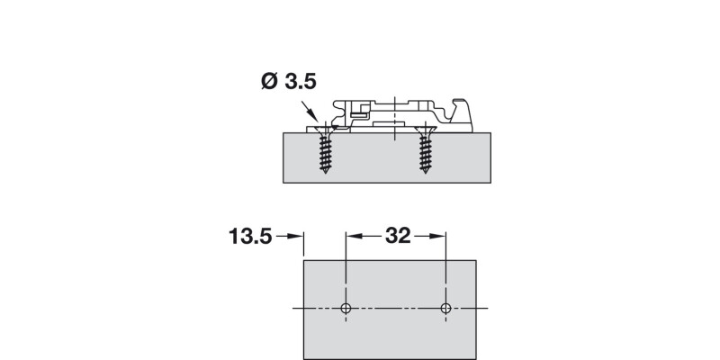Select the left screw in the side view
321,151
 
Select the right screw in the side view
425,151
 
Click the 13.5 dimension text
249,237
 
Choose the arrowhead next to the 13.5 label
296,237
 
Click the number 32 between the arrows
397,237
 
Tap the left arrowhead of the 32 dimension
352,237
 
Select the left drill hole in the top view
346,309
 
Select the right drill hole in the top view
445,309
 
